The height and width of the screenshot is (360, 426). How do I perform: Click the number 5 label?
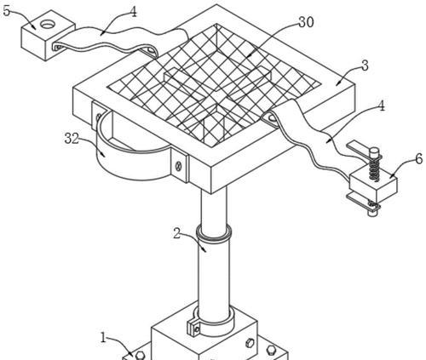[8, 11]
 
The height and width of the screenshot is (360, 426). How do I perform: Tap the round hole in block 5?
[47, 24]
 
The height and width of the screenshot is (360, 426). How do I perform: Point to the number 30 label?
[306, 22]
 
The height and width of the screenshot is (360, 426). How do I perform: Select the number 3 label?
[365, 66]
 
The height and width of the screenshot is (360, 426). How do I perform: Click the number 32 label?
[72, 139]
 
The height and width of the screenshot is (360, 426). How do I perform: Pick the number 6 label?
[419, 159]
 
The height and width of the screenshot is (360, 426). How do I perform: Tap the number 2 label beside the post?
[177, 234]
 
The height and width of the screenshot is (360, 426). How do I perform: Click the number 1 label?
[103, 337]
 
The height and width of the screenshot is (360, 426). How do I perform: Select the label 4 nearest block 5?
[133, 12]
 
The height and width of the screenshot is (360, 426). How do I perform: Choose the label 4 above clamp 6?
[381, 106]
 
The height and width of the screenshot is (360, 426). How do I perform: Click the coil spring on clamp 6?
[374, 169]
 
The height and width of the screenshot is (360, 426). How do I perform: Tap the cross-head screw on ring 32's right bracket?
[179, 165]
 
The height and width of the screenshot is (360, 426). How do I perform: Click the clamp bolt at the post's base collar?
[197, 329]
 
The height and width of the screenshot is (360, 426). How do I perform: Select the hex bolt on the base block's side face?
[250, 343]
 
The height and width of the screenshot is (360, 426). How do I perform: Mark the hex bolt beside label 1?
[140, 355]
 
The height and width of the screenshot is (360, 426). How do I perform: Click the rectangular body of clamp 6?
[373, 186]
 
